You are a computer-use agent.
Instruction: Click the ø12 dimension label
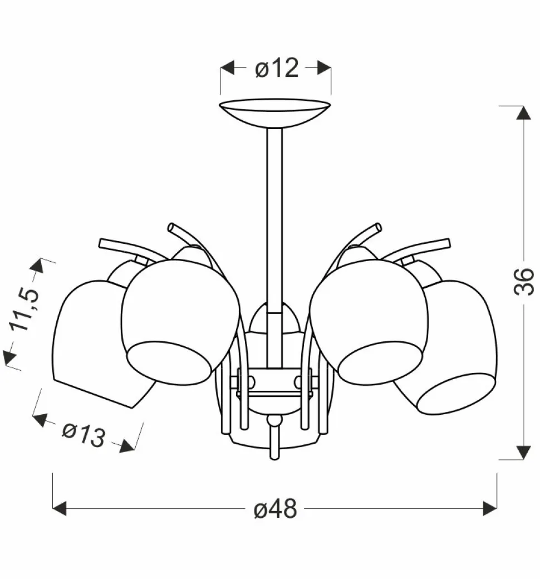[x=276, y=68]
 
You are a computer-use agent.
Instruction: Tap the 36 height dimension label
[x=524, y=281]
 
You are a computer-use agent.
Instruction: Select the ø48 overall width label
[x=276, y=509]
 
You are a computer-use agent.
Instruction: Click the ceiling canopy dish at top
[x=275, y=112]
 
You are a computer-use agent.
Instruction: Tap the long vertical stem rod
[x=274, y=247]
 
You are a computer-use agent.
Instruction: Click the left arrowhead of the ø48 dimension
[x=60, y=508]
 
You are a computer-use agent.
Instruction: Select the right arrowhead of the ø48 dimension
[x=490, y=508]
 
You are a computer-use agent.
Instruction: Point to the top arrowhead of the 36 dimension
[x=524, y=112]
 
